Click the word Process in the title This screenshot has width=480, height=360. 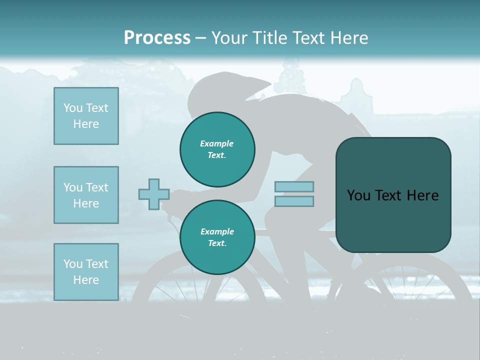click(157, 38)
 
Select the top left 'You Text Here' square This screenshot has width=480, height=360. click(86, 116)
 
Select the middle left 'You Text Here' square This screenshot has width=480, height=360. click(86, 195)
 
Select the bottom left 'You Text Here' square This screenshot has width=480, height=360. click(86, 272)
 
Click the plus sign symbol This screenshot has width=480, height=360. click(154, 194)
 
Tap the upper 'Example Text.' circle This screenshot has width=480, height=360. click(217, 149)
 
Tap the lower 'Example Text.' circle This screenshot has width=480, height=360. click(217, 237)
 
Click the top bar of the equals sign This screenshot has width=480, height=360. click(294, 187)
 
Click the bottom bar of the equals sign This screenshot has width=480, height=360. click(294, 201)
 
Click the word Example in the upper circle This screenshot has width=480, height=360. click(216, 143)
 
